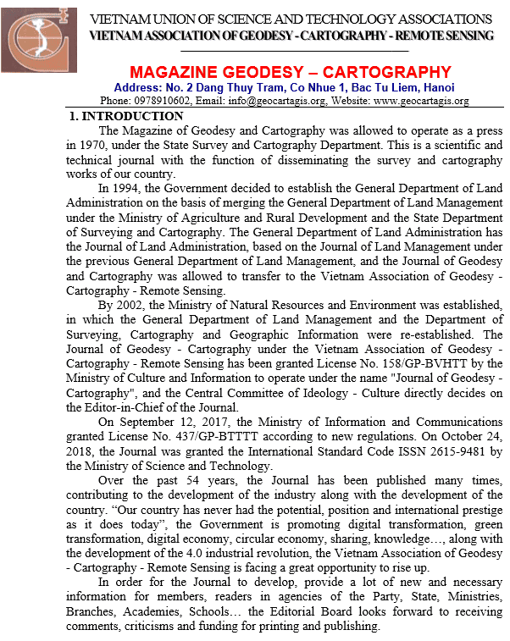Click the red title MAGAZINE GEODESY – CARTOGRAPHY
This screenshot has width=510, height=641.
[x=291, y=72]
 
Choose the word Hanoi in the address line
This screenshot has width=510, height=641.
[x=437, y=87]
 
